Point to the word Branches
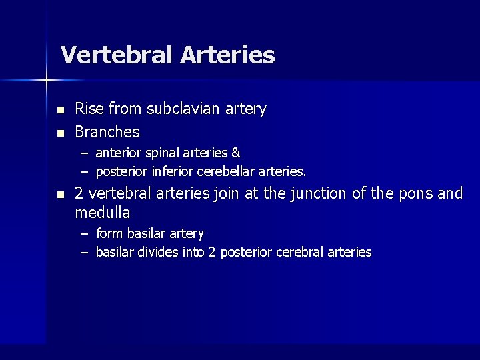tap(107, 131)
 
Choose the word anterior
tap(117, 153)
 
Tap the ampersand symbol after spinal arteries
tap(236, 153)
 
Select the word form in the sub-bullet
tap(110, 233)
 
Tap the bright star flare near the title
tap(47, 81)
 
